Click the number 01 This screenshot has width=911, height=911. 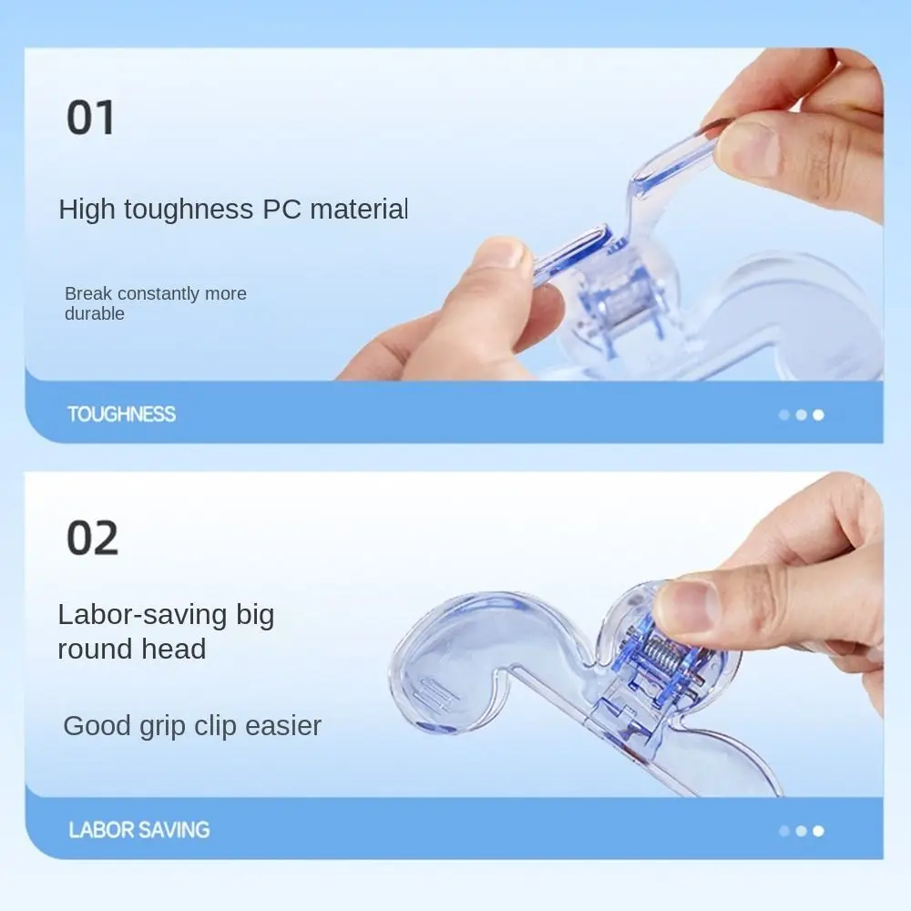coord(90,118)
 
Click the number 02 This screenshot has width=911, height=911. coord(92,538)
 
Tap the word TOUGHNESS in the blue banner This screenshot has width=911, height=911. coord(121,415)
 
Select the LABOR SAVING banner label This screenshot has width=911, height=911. coord(138,830)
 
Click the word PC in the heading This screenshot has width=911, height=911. coord(281,210)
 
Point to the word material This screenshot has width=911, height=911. coord(359,210)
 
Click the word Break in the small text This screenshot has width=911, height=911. coord(87,293)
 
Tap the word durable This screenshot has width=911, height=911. coord(94,313)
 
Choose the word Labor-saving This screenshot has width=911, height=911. coord(142,615)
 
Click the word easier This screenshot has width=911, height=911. coord(283,726)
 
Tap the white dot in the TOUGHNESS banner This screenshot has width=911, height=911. coord(818,415)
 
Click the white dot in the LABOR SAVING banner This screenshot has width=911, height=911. coord(818,831)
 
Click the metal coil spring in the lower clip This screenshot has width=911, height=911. coord(662,657)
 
